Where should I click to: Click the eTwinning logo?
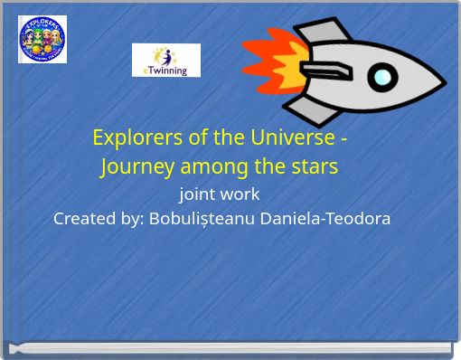pyautogui.click(x=166, y=60)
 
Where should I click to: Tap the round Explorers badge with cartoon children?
pyautogui.click(x=42, y=39)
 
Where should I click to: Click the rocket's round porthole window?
pyautogui.click(x=383, y=76)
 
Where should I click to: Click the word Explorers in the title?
pyautogui.click(x=134, y=138)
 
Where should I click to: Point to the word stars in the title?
pyautogui.click(x=314, y=167)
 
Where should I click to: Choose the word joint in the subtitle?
pyautogui.click(x=196, y=194)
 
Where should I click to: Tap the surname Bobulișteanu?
pyautogui.click(x=201, y=219)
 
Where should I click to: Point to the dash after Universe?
pyautogui.click(x=343, y=139)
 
